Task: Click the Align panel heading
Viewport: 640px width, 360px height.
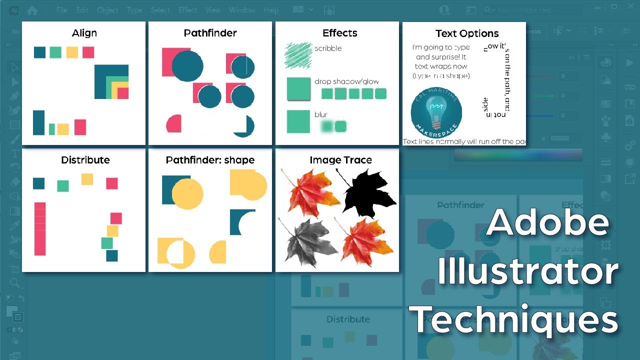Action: pos(84,33)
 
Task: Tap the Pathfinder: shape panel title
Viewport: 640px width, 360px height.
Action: pos(210,160)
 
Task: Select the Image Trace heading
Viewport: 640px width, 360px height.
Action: pos(340,160)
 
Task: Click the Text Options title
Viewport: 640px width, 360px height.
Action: pos(467,33)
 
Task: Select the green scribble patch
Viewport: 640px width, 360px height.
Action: pos(298,54)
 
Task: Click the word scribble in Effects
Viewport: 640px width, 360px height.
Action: pos(328,48)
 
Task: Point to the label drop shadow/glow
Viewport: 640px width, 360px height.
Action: pos(346,81)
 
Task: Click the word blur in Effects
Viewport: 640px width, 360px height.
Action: pos(321,115)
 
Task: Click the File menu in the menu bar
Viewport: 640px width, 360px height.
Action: pos(62,10)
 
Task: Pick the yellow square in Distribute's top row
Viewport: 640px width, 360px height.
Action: pos(87,179)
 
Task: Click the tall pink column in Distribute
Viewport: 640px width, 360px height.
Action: pos(40,228)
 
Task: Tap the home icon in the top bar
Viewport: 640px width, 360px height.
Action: pos(32,10)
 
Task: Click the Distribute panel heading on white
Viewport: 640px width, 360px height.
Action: pos(85,160)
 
